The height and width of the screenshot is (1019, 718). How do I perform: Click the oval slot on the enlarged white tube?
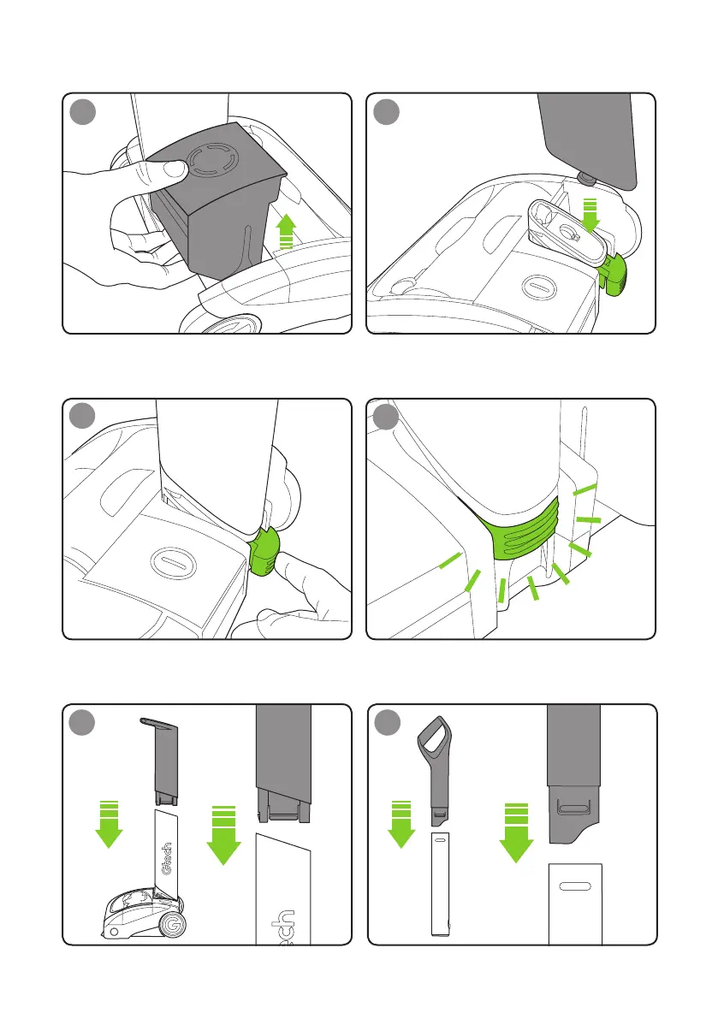point(575,886)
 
